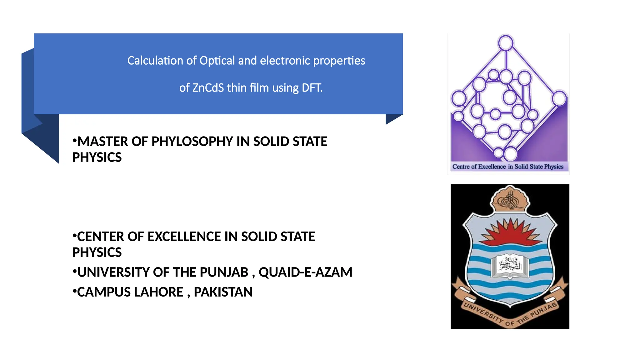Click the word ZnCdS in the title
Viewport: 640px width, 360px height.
click(x=208, y=88)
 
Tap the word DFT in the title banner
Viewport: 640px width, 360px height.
click(x=312, y=88)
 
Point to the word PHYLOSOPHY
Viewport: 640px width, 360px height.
click(x=192, y=142)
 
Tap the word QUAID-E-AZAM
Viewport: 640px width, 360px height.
click(x=305, y=272)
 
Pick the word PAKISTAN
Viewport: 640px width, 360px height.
click(x=223, y=292)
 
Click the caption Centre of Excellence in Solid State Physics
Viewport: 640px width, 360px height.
click(x=508, y=167)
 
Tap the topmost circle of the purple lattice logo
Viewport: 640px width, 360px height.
click(x=506, y=43)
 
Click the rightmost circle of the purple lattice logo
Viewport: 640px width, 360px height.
click(x=559, y=98)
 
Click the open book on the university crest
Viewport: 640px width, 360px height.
click(x=510, y=266)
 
